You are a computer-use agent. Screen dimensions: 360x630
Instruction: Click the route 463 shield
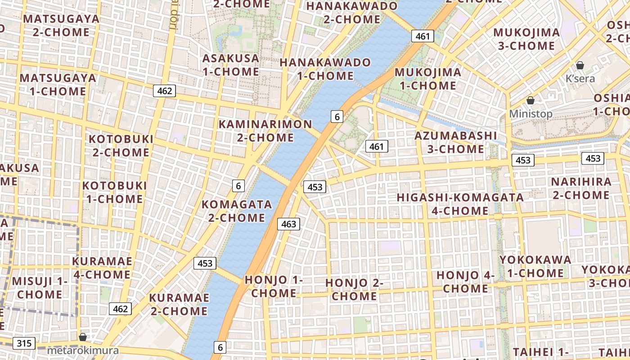[288, 224]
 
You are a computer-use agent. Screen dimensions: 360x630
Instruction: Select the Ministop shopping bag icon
[531, 100]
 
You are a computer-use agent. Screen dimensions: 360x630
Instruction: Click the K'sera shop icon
[580, 65]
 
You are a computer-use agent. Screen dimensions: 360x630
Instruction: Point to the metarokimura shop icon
[83, 337]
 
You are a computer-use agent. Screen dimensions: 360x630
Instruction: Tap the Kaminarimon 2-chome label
[265, 130]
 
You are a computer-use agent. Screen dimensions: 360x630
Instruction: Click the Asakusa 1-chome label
[230, 65]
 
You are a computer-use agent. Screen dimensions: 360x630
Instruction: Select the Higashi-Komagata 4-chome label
[460, 204]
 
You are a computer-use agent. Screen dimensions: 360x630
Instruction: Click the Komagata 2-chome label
[237, 211]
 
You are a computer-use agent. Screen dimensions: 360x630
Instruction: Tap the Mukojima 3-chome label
[526, 39]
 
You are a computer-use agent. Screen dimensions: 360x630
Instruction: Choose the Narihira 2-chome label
[581, 189]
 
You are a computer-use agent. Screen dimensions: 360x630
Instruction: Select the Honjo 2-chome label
[354, 289]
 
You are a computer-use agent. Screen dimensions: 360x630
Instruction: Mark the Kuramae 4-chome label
[102, 268]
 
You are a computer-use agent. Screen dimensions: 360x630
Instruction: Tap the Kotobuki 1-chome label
[114, 192]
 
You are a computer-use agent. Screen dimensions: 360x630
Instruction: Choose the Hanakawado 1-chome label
[325, 69]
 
